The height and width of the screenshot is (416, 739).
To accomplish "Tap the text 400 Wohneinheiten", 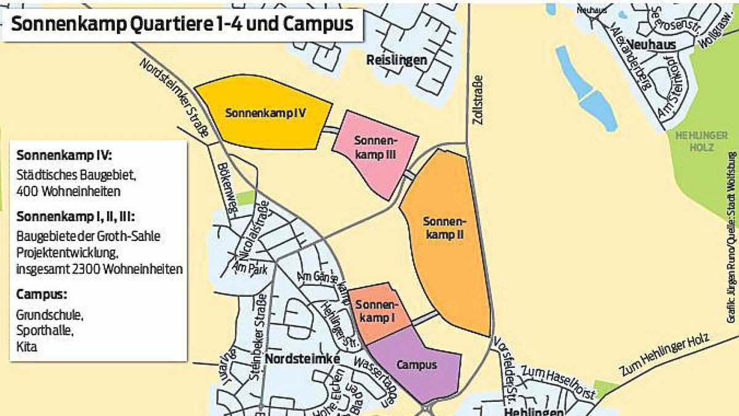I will pyautogui.click(x=68, y=191).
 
